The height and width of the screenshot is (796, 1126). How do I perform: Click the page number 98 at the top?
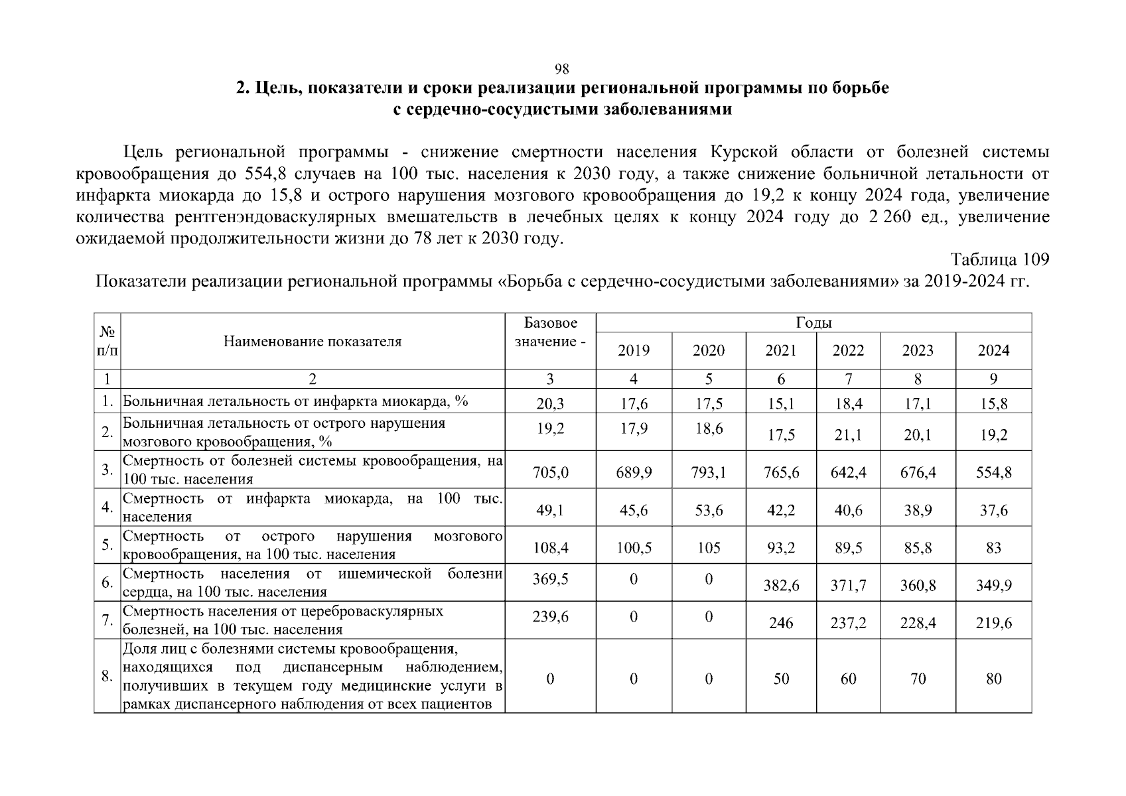pyautogui.click(x=562, y=70)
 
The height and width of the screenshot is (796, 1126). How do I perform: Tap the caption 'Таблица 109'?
pyautogui.click(x=1000, y=259)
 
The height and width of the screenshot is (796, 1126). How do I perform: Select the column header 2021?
pyautogui.click(x=780, y=350)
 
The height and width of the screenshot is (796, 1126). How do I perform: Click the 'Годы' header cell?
pyautogui.click(x=813, y=323)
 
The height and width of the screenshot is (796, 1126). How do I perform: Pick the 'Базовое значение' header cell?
pyautogui.click(x=550, y=332)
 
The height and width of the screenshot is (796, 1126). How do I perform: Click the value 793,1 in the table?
pyautogui.click(x=709, y=472)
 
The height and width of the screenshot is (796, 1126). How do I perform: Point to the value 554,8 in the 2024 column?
pyautogui.click(x=993, y=472)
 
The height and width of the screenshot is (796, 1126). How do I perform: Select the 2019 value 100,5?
pyautogui.click(x=634, y=548)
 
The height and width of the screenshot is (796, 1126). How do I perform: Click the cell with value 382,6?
pyautogui.click(x=781, y=586)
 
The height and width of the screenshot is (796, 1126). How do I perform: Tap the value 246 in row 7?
pyautogui.click(x=781, y=624)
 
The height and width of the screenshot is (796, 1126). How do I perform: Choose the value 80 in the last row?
pyautogui.click(x=993, y=679)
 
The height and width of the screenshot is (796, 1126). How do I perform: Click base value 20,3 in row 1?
pyautogui.click(x=550, y=403)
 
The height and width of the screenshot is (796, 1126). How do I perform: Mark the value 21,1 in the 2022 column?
pyautogui.click(x=848, y=435)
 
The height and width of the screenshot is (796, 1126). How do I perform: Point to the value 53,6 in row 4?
pyautogui.click(x=709, y=510)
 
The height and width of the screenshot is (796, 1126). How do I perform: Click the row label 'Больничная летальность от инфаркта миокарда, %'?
pyautogui.click(x=295, y=401)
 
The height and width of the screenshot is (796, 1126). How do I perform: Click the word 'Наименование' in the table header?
pyautogui.click(x=265, y=342)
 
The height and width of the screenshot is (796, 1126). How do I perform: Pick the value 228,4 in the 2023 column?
pyautogui.click(x=918, y=624)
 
